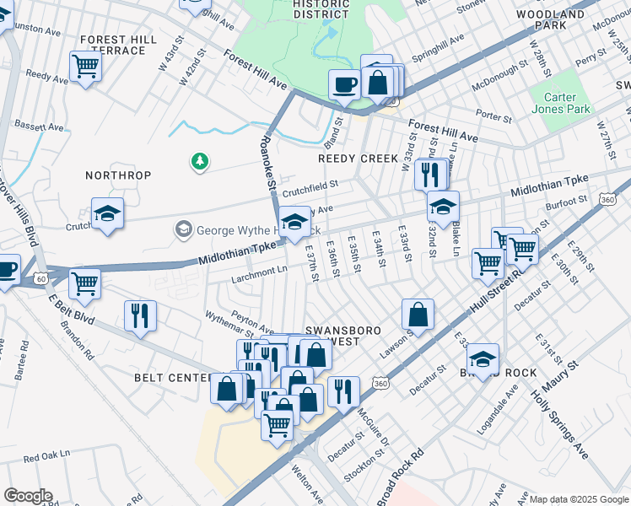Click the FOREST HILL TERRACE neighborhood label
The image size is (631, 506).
(112, 45)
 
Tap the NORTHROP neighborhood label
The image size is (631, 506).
(118, 175)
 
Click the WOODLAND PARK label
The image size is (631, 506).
(552, 20)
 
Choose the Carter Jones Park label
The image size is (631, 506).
(561, 103)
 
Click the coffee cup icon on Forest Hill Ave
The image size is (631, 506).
(344, 85)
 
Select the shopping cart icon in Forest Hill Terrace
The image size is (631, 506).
(85, 65)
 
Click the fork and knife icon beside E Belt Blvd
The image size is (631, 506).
(140, 315)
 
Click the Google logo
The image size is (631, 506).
(28, 496)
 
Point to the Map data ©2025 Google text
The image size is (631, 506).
(578, 499)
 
